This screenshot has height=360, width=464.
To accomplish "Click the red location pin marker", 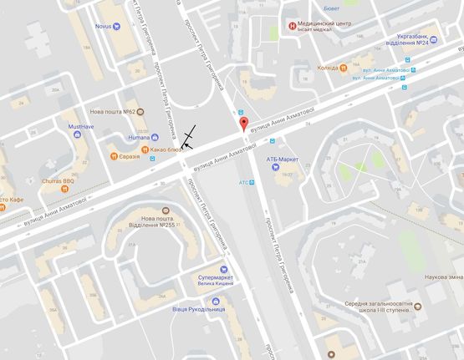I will tap(244, 124).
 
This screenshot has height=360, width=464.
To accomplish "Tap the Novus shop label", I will tap(104, 26).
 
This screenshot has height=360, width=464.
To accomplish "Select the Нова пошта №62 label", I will tap(113, 111).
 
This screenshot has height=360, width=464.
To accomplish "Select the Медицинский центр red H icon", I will tap(291, 26).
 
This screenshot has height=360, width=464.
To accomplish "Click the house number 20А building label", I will tap(55, 89).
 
